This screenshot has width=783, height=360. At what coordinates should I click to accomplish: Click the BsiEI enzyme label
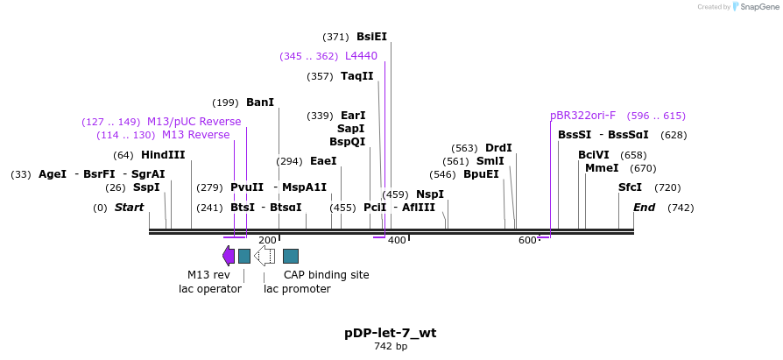pyautogui.click(x=371, y=37)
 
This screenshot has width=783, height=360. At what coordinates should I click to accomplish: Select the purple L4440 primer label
pyautogui.click(x=361, y=56)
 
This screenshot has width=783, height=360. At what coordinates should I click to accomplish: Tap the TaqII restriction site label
pyautogui.click(x=356, y=76)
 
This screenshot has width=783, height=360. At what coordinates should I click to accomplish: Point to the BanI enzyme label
pyautogui.click(x=260, y=102)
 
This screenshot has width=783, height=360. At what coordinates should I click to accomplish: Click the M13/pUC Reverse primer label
pyautogui.click(x=194, y=122)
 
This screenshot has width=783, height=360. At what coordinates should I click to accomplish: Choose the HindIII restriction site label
pyautogui.click(x=163, y=155)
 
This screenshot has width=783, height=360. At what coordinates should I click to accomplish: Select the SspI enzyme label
pyautogui.click(x=146, y=187)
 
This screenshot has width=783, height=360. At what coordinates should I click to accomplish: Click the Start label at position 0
pyautogui.click(x=129, y=208)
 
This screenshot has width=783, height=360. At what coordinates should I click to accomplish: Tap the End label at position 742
pyautogui.click(x=644, y=208)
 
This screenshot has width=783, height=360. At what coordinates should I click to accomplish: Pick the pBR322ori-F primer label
pyautogui.click(x=582, y=116)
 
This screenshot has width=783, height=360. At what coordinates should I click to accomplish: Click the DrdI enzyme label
pyautogui.click(x=498, y=148)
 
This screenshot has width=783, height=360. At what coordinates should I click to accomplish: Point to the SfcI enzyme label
pyautogui.click(x=630, y=187)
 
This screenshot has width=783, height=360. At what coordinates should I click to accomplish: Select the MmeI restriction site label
pyautogui.click(x=602, y=168)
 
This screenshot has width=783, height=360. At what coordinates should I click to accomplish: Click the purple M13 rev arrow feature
pyautogui.click(x=229, y=256)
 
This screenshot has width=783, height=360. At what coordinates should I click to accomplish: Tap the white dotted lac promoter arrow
pyautogui.click(x=265, y=256)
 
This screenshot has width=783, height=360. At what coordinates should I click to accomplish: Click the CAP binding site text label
pyautogui.click(x=326, y=275)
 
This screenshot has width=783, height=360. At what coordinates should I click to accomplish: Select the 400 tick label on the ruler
pyautogui.click(x=397, y=240)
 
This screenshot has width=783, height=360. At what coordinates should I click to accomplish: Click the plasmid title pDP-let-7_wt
pyautogui.click(x=390, y=333)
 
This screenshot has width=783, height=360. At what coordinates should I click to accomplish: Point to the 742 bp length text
pyautogui.click(x=390, y=347)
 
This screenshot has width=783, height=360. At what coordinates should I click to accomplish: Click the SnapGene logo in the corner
pyautogui.click(x=752, y=7)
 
